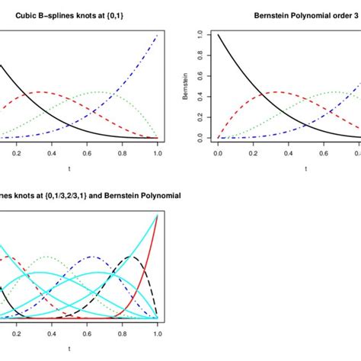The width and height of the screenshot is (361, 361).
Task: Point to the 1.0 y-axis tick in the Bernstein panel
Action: click(199, 35)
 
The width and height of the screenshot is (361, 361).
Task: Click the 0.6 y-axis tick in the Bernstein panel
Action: click(199, 76)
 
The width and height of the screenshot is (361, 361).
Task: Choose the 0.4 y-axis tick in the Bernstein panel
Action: click(199, 97)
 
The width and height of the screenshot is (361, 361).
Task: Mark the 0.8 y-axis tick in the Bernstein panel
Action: click(199, 56)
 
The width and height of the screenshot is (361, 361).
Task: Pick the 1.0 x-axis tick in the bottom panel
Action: click(157, 333)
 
